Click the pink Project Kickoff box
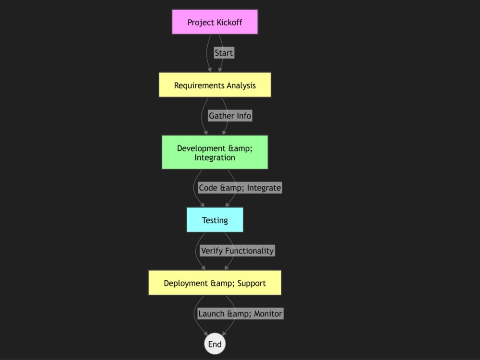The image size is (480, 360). [215, 22]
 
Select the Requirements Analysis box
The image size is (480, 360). [215, 85]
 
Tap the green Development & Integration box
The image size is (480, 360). [215, 152]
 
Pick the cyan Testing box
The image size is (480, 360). [215, 220]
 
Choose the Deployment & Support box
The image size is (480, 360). [215, 283]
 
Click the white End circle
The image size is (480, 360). [215, 344]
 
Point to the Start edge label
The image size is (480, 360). [224, 53]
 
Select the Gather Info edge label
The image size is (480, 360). [230, 116]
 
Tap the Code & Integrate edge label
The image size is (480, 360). [240, 188]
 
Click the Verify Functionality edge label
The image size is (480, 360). [237, 251]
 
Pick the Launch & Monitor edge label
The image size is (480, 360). [240, 313]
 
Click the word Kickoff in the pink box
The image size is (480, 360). [229, 23]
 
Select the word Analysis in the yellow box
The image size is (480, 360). [241, 85]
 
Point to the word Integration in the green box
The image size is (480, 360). [215, 157]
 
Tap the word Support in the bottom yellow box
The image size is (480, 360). [252, 284]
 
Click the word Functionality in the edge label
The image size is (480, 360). [249, 251]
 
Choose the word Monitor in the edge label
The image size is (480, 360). [268, 314]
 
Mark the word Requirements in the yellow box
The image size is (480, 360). [199, 86]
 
